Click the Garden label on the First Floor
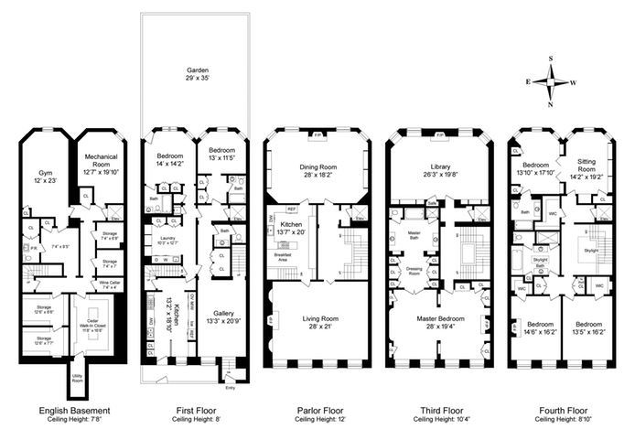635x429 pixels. [195, 70]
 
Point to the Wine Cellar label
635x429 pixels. [109, 284]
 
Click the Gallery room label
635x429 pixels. [222, 317]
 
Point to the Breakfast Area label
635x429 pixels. [287, 260]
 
